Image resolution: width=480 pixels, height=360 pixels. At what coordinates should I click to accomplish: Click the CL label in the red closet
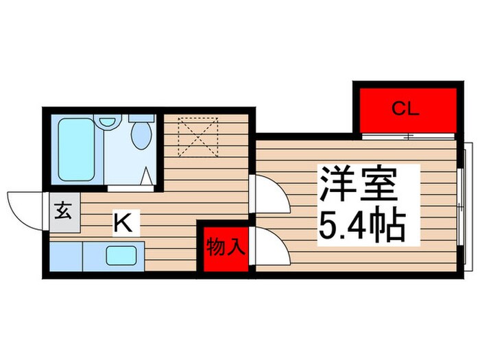tap(405, 108)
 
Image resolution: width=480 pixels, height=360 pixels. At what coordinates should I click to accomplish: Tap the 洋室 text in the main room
tap(359, 185)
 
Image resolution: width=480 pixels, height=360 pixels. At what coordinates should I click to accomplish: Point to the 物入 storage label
tap(226, 248)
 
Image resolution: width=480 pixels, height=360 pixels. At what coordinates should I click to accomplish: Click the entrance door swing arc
tap(25, 206)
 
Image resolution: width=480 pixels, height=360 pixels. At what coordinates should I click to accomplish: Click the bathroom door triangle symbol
tap(147, 178)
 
